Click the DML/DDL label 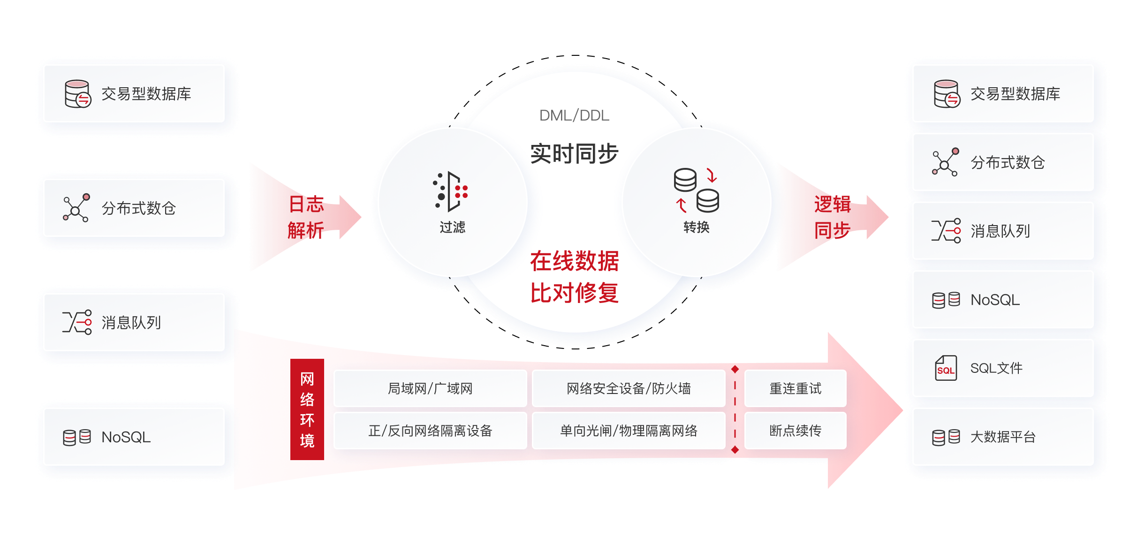(x=574, y=115)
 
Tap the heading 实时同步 (x=574, y=153)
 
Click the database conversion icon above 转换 (x=696, y=190)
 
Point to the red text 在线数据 (x=574, y=261)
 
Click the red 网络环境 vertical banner (x=307, y=409)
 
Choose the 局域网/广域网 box (x=430, y=388)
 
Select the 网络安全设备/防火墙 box (x=629, y=388)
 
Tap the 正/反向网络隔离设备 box (x=430, y=431)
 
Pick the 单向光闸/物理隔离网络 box (x=629, y=431)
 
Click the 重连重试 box (x=795, y=388)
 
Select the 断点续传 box (x=795, y=431)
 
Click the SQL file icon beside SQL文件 (x=946, y=368)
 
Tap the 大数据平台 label (x=1003, y=437)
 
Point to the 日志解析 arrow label (x=306, y=218)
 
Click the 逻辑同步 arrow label (x=833, y=218)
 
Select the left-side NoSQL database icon (x=77, y=437)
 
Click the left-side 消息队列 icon (x=77, y=323)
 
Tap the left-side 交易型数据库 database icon (x=77, y=94)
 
